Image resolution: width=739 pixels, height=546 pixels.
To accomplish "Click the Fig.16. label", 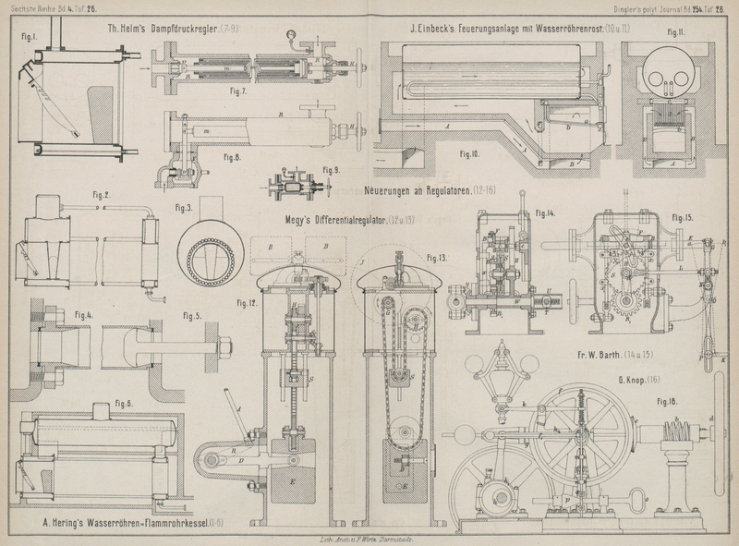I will [x=666, y=402].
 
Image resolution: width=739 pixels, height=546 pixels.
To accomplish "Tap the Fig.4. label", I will [x=84, y=315].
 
